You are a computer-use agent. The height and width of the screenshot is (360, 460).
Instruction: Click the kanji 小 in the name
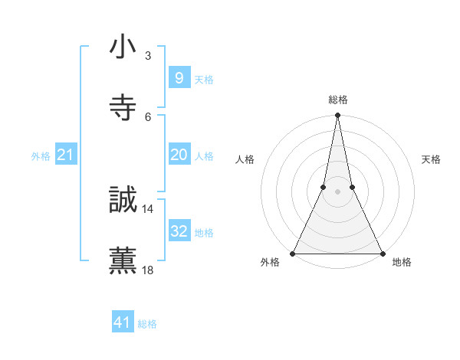(123, 47)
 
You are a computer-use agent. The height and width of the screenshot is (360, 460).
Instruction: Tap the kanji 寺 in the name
(123, 107)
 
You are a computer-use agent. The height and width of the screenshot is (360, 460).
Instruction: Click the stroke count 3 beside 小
(148, 56)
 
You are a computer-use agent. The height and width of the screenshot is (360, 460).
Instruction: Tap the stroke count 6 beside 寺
(148, 116)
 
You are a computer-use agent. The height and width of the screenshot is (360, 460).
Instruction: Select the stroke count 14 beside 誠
(148, 209)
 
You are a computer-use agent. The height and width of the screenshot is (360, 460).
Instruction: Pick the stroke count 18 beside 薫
(148, 270)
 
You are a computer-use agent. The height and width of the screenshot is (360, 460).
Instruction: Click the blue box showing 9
(179, 77)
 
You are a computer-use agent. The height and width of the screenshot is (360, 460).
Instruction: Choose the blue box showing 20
(179, 155)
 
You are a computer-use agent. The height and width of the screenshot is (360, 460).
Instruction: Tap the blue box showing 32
(179, 231)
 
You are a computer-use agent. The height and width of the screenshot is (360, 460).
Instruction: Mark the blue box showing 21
(65, 155)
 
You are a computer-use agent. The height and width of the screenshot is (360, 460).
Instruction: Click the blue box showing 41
(123, 322)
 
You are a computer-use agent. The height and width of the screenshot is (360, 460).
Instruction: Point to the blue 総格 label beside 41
(147, 324)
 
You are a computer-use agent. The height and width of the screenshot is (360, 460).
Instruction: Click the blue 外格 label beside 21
(41, 156)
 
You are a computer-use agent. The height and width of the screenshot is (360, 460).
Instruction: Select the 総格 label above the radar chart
(338, 100)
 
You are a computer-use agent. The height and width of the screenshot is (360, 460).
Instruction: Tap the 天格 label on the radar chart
(431, 159)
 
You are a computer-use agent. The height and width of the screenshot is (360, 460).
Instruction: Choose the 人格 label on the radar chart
(245, 159)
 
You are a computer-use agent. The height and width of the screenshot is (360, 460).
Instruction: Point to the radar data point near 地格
(383, 253)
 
